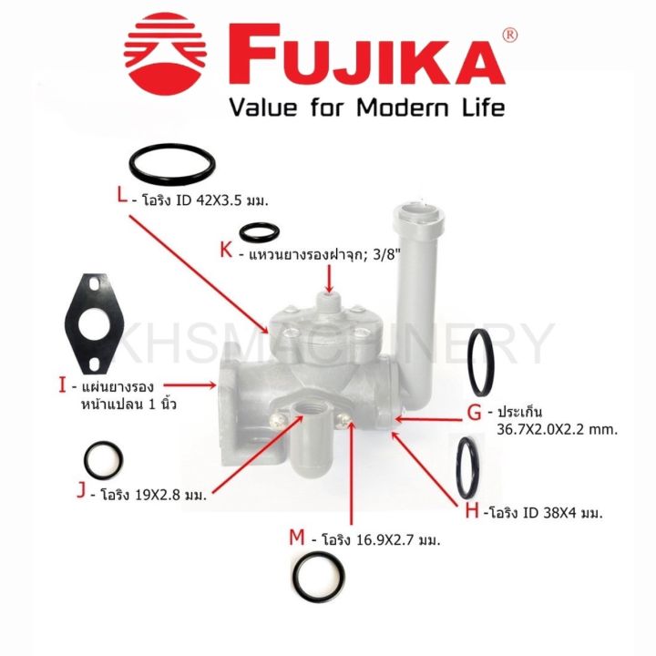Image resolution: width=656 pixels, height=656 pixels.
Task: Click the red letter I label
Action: (62, 386)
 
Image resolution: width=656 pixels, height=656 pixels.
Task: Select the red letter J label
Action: (81, 492)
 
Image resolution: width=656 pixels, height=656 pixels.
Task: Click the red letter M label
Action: (296, 538)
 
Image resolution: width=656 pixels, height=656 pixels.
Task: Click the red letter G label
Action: (474, 412)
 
